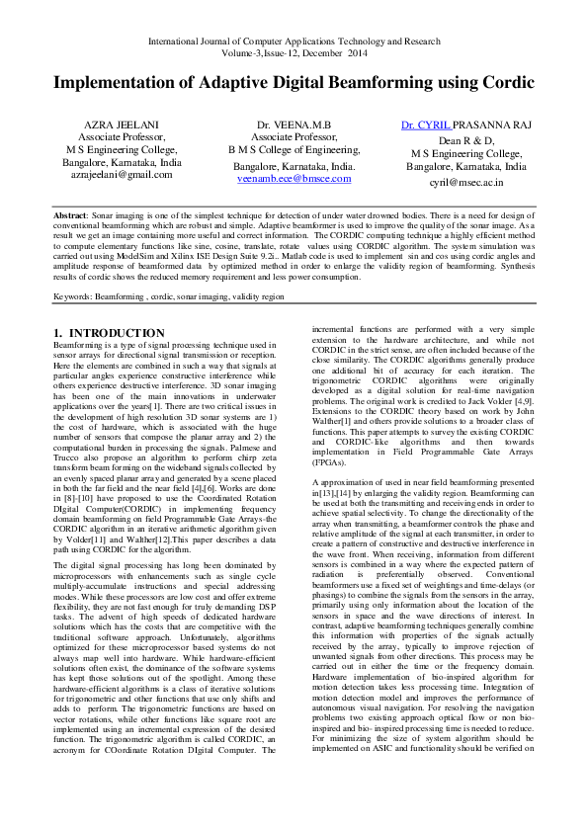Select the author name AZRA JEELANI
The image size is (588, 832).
pyautogui.click(x=116, y=126)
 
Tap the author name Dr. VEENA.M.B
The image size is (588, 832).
pyautogui.click(x=294, y=126)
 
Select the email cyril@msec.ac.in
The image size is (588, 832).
pyautogui.click(x=466, y=183)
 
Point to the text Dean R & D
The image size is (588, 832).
pyautogui.click(x=466, y=140)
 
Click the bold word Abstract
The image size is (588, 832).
pyautogui.click(x=71, y=214)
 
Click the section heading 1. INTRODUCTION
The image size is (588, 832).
pyautogui.click(x=109, y=333)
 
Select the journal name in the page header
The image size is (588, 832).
pyautogui.click(x=294, y=42)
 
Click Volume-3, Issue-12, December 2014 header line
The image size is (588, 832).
pyautogui.click(x=294, y=54)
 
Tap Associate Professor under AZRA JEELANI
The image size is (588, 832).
pyautogui.click(x=116, y=139)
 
